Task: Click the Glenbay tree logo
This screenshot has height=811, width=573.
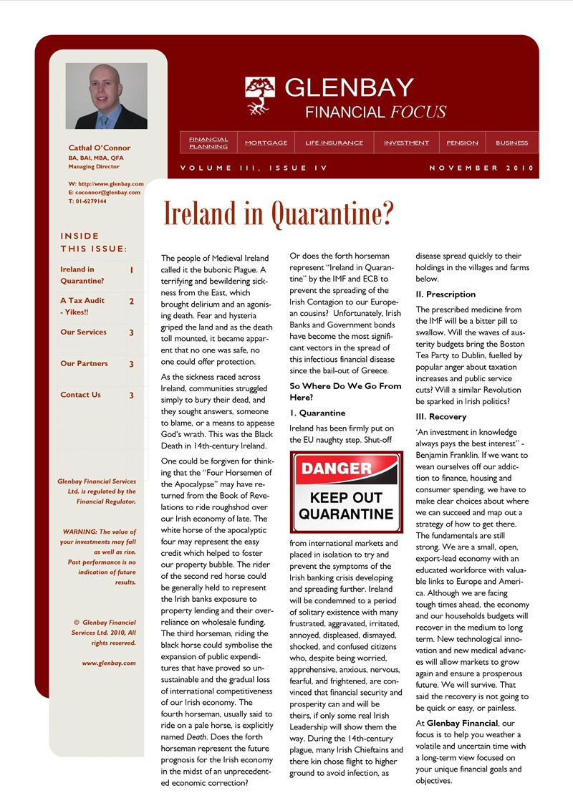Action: [x=260, y=96]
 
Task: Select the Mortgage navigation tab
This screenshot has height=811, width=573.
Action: [x=266, y=143]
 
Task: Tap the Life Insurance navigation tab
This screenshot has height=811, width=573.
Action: [x=334, y=143]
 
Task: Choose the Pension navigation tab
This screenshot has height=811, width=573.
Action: [x=462, y=143]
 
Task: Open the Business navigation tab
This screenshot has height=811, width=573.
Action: [x=511, y=143]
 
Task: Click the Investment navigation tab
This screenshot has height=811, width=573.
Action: [x=406, y=143]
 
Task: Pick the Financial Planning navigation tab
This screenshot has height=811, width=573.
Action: [x=208, y=143]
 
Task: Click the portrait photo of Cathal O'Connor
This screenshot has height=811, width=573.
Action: [x=106, y=96]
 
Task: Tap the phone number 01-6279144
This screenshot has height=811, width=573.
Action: [x=90, y=201]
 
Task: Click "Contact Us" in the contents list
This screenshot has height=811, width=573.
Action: [x=80, y=395]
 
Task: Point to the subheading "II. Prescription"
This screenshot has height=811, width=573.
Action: [x=446, y=294]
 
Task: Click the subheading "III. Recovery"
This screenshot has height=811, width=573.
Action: [x=440, y=416]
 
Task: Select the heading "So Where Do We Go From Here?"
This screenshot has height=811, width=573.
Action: [x=345, y=391]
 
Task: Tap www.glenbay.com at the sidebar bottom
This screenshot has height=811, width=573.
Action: [x=109, y=663]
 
